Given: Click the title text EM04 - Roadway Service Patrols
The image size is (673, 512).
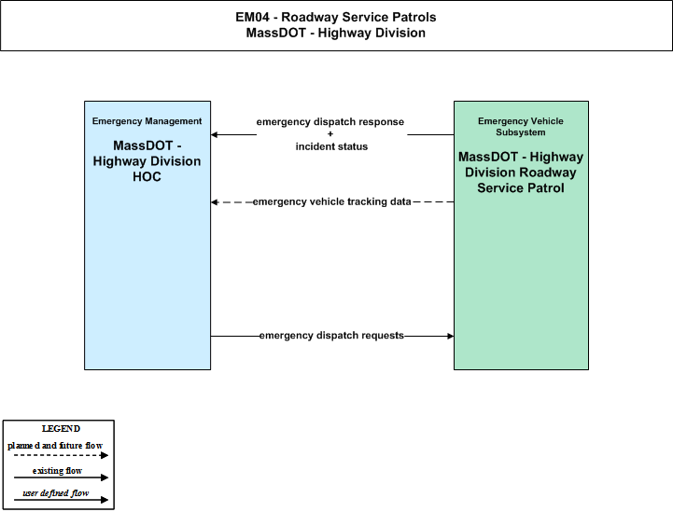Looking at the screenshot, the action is pyautogui.click(x=336, y=17).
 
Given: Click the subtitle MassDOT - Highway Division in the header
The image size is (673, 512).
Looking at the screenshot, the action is pyautogui.click(x=336, y=33).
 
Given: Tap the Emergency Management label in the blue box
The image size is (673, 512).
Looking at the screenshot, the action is pyautogui.click(x=147, y=121).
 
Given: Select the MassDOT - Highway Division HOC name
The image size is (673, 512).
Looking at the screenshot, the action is pyautogui.click(x=147, y=161).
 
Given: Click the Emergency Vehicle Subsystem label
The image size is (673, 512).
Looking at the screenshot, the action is pyautogui.click(x=521, y=127).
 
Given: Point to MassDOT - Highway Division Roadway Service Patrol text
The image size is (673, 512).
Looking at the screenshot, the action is pyautogui.click(x=521, y=173).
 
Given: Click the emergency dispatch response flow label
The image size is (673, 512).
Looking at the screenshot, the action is pyautogui.click(x=330, y=122).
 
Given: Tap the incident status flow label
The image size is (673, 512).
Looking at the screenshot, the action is pyautogui.click(x=331, y=146).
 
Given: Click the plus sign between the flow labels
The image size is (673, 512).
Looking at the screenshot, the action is pyautogui.click(x=330, y=133).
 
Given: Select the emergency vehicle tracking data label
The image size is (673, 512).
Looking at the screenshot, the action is pyautogui.click(x=331, y=201).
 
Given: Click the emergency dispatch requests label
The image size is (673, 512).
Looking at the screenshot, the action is pyautogui.click(x=331, y=336).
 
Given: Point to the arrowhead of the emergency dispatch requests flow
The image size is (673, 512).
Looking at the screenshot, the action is pyautogui.click(x=451, y=336).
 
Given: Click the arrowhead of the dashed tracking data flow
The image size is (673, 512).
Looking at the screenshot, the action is pyautogui.click(x=214, y=202).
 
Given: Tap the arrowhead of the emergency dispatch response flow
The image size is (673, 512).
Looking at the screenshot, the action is pyautogui.click(x=214, y=134).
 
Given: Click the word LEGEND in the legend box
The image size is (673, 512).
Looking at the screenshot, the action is pyautogui.click(x=61, y=429).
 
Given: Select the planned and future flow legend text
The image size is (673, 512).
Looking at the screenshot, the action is pyautogui.click(x=55, y=446).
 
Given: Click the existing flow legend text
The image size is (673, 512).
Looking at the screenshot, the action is pyautogui.click(x=57, y=471).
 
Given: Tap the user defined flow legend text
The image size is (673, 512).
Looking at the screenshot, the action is pyautogui.click(x=55, y=493).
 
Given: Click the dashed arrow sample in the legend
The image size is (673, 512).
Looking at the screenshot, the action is pyautogui.click(x=61, y=455).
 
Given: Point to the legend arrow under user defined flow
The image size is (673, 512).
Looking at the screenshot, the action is pyautogui.click(x=61, y=500).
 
